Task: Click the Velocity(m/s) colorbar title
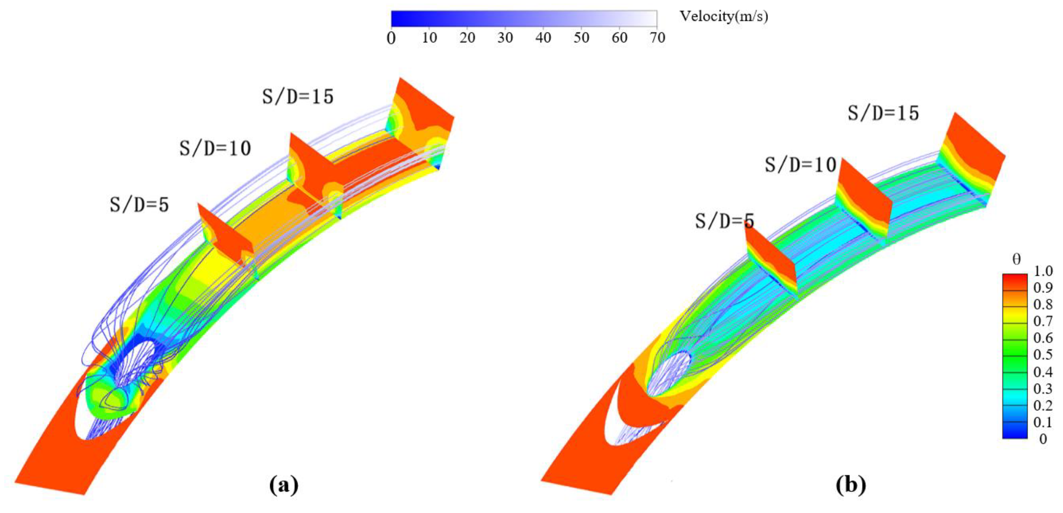[724, 17]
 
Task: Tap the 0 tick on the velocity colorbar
[391, 38]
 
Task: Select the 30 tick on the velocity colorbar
[505, 38]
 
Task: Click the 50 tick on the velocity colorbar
[581, 38]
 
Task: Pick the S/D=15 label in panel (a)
[298, 97]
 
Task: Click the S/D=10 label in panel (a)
[215, 148]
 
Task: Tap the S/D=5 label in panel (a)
[140, 205]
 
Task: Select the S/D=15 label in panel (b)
[884, 113]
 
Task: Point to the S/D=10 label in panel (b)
[801, 165]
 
